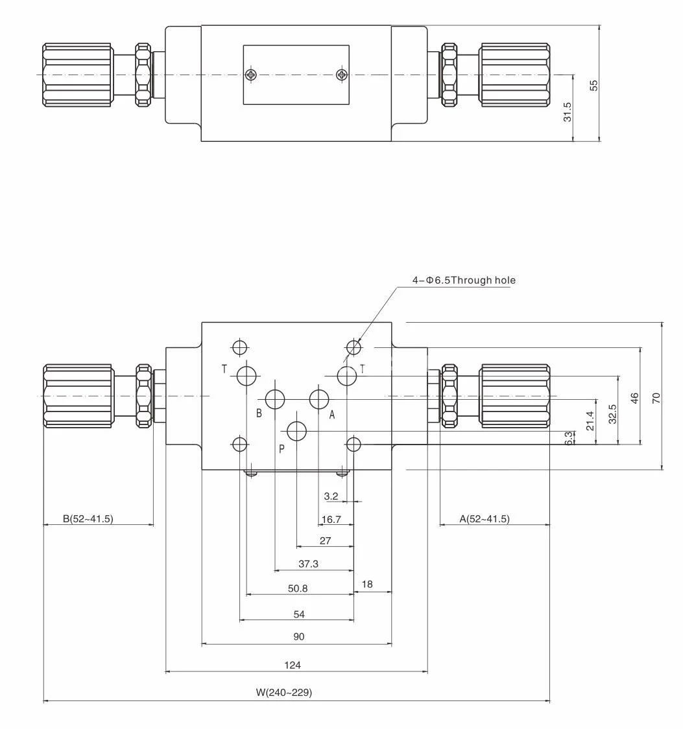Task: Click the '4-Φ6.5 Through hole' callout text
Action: (x=464, y=280)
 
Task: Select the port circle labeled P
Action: (x=297, y=430)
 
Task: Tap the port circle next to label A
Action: (x=319, y=399)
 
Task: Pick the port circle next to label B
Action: (x=276, y=399)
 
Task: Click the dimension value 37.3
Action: (x=308, y=564)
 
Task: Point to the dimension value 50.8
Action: (x=297, y=588)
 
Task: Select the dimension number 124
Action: (x=293, y=665)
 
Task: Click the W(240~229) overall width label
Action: (x=283, y=693)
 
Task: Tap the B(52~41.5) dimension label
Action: (x=88, y=518)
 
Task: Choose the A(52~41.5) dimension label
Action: (x=484, y=518)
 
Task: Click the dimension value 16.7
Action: (x=331, y=520)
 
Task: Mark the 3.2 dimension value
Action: (x=331, y=496)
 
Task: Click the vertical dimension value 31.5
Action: (x=568, y=111)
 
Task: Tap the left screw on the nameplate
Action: (x=252, y=75)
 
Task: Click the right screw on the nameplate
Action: (x=342, y=75)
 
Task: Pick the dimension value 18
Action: (x=367, y=584)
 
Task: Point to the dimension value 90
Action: (x=298, y=637)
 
